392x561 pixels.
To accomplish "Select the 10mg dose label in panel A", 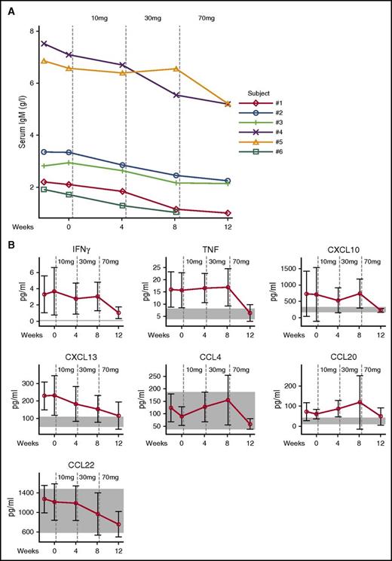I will coord(99,15).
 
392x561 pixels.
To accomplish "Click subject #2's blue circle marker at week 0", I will coord(70,152).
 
